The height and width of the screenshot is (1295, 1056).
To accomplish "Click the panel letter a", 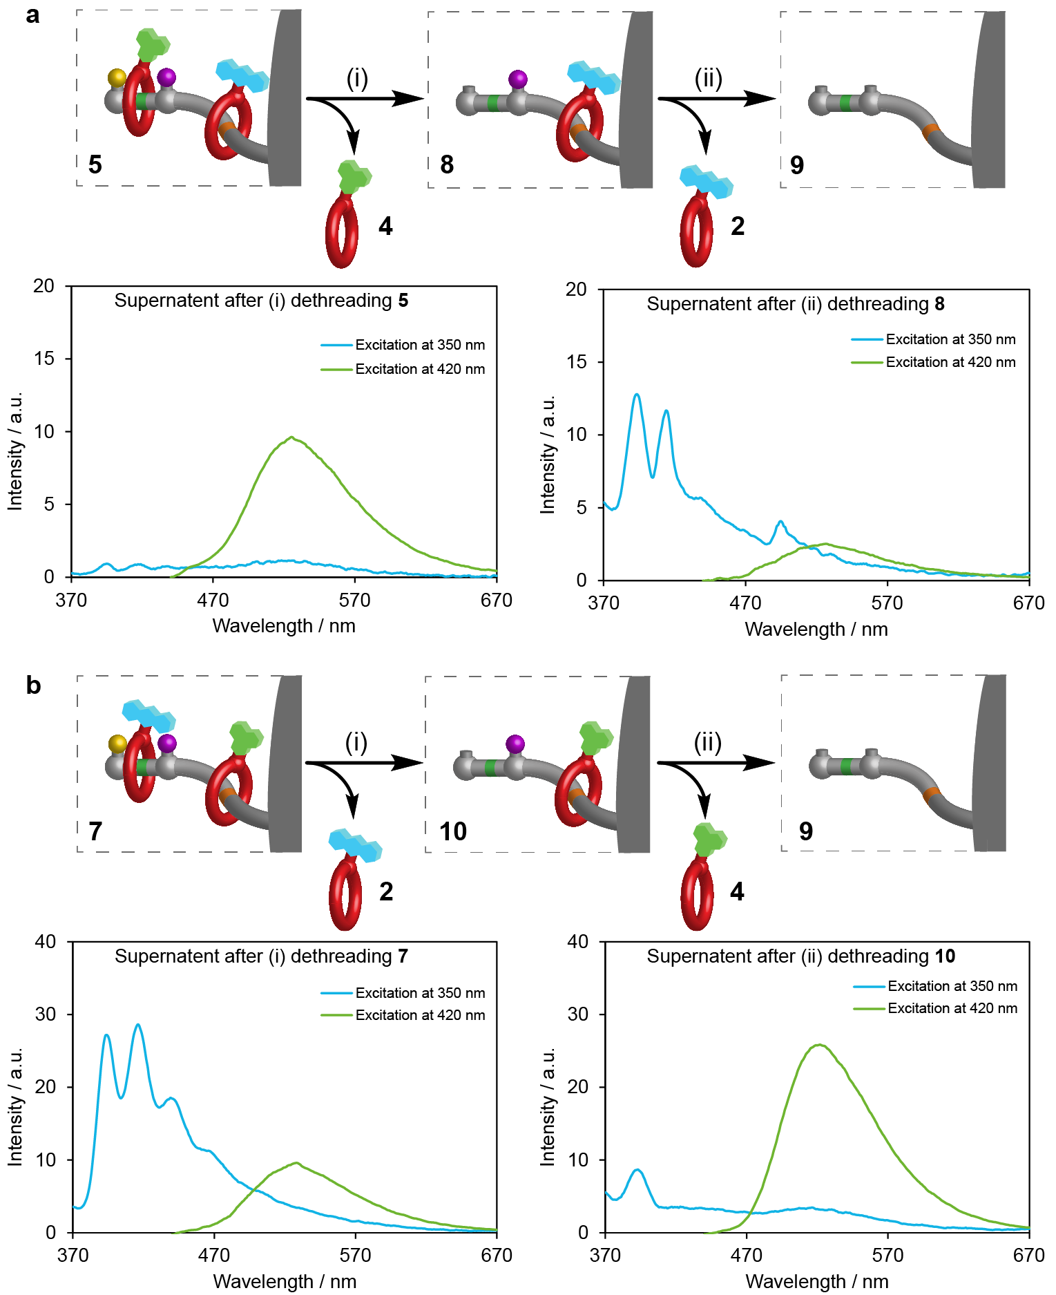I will point(32,15).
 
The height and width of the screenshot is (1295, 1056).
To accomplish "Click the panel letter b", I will point(33,686).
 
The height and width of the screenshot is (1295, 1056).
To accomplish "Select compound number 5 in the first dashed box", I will point(95,164).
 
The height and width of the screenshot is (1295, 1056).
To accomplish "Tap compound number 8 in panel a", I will point(447,164).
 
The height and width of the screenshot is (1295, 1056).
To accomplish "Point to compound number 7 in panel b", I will point(95,831).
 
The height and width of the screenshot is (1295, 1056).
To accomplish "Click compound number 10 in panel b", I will point(453,831).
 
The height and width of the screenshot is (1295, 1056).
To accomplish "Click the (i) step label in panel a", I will point(356,79).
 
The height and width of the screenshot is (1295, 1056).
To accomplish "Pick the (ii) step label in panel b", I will point(707,743).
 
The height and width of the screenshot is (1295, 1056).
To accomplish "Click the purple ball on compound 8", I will point(518,79).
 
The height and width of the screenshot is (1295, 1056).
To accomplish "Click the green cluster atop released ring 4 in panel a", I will point(354,177).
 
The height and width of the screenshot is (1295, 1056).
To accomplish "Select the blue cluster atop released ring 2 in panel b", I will point(355,845).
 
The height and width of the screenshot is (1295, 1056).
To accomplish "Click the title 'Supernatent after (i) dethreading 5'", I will point(261,301).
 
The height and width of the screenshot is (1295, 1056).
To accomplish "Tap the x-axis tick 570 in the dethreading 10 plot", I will point(887,1255).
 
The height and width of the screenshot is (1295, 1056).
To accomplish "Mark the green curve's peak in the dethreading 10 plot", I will point(820,1045).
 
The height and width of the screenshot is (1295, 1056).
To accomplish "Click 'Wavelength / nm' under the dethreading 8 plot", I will point(816,630).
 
